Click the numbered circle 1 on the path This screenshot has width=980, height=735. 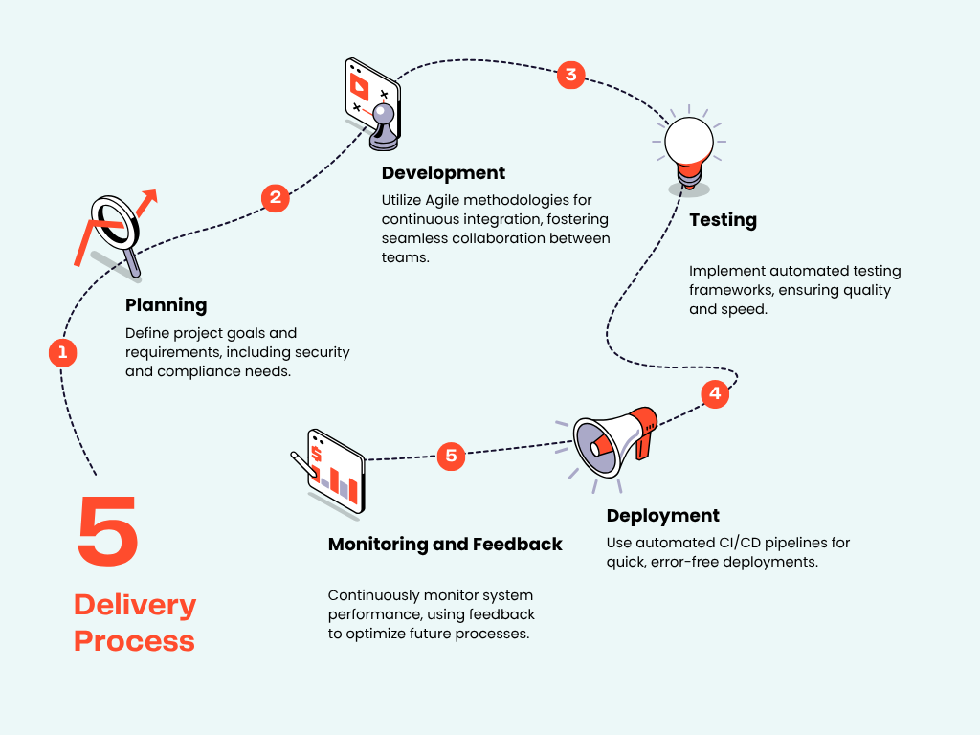pyautogui.click(x=62, y=352)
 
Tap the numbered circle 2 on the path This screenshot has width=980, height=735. pyautogui.click(x=276, y=197)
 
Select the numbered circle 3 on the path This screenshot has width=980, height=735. pyautogui.click(x=570, y=75)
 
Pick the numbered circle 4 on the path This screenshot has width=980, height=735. pyautogui.click(x=714, y=393)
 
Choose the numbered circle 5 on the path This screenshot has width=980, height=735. pyautogui.click(x=452, y=456)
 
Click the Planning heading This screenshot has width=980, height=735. pyautogui.click(x=166, y=305)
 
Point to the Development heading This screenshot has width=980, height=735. pyautogui.click(x=443, y=173)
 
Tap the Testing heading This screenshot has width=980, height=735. pyautogui.click(x=723, y=220)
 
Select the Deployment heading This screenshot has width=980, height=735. pyautogui.click(x=662, y=516)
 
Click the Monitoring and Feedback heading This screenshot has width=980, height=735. pyautogui.click(x=445, y=545)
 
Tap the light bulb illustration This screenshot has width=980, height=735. pyautogui.click(x=689, y=148)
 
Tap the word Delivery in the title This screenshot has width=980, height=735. pyautogui.click(x=135, y=605)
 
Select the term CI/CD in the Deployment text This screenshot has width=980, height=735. pyautogui.click(x=738, y=543)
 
